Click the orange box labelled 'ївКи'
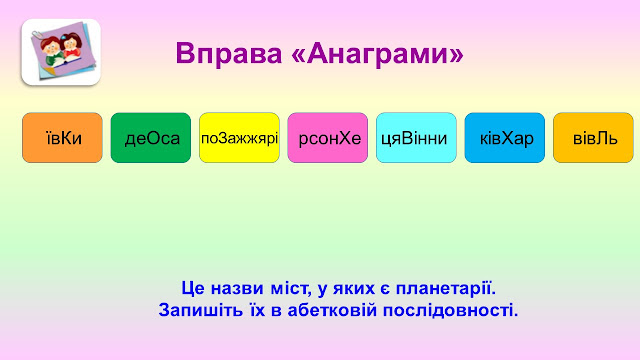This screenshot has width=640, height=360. pos(62,138)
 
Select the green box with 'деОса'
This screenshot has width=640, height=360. pos(151,138)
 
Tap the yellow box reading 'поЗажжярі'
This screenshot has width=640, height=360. pos(239,138)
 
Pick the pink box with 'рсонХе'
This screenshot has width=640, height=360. pos(328,138)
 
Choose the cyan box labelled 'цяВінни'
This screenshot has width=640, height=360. pos(416,138)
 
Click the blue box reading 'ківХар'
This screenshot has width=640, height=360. pos(505,138)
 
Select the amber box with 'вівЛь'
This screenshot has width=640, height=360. pos(593,138)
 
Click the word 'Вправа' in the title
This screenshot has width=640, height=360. pos(229,54)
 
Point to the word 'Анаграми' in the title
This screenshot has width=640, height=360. pos(377,54)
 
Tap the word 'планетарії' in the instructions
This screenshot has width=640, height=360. pos(446,289)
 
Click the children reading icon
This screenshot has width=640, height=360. pos(61,52)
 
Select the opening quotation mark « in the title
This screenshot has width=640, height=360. pos(298,55)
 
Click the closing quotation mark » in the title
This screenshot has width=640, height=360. pos(457,55)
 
